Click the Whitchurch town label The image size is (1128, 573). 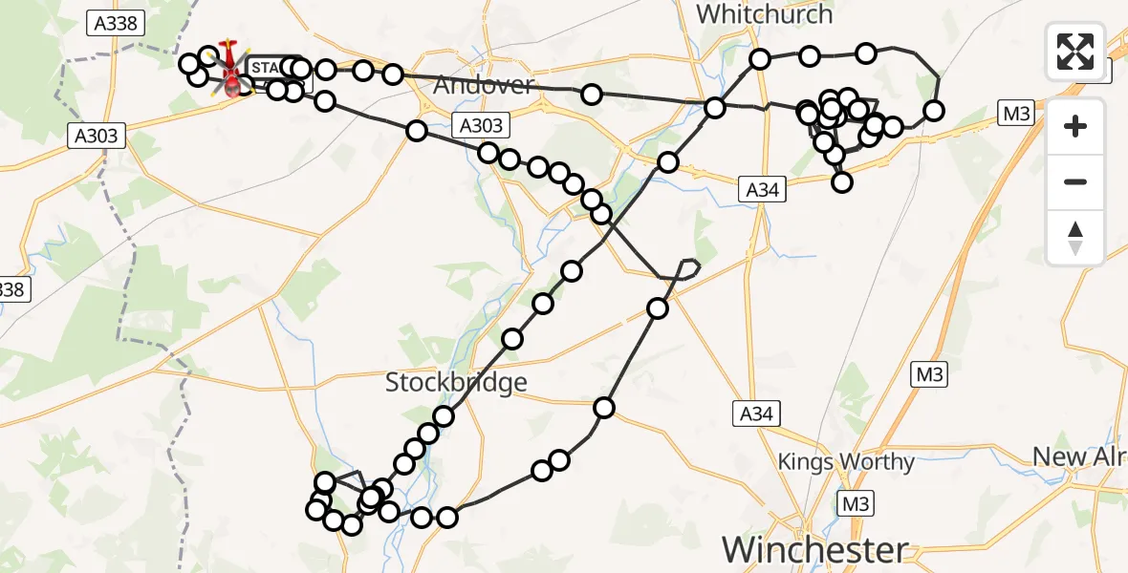click(x=764, y=14)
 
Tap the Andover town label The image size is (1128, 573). click(x=483, y=85)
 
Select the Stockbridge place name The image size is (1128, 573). click(x=456, y=383)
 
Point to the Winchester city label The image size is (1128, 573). click(x=814, y=550)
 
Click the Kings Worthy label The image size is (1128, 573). click(x=846, y=462)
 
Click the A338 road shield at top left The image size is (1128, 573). click(x=115, y=24)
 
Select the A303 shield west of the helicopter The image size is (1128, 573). click(x=97, y=137)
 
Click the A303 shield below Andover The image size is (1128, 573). click(x=480, y=125)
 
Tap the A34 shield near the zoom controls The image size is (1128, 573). click(x=762, y=190)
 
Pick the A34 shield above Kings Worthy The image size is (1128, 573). click(x=757, y=414)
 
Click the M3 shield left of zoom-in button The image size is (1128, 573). click(x=1015, y=114)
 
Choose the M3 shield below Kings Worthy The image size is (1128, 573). click(x=854, y=501)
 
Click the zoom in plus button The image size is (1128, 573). click(x=1075, y=126)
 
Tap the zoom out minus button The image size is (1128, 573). click(x=1075, y=181)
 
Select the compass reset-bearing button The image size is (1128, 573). click(x=1075, y=237)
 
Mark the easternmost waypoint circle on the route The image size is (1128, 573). click(x=933, y=111)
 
